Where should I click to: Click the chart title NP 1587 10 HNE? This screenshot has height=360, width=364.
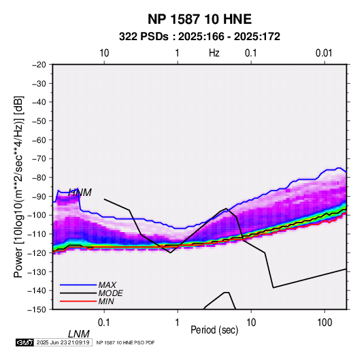pos(199,19)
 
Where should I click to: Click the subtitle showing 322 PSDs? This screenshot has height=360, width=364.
pos(199,37)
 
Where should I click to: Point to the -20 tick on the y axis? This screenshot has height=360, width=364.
pos(39,65)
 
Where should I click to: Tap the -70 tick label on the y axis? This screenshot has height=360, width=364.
pos(39,159)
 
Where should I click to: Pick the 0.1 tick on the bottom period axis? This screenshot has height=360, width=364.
pos(104,323)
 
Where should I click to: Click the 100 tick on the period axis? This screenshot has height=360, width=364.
pos(325,323)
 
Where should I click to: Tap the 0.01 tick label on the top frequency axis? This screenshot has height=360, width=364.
pos(324,53)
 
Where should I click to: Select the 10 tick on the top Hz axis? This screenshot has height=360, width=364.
pos(104,53)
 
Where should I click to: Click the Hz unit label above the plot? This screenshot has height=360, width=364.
pos(214,53)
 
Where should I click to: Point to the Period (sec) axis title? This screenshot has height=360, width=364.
pos(214,330)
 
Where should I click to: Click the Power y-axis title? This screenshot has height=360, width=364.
pos(18,186)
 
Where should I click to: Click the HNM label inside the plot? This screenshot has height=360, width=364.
pos(80,193)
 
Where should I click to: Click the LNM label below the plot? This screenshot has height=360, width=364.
pos(79,334)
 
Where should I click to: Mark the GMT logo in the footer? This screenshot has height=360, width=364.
pos(24,342)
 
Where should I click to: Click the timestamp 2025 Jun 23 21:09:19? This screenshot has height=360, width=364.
pos(63,342)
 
